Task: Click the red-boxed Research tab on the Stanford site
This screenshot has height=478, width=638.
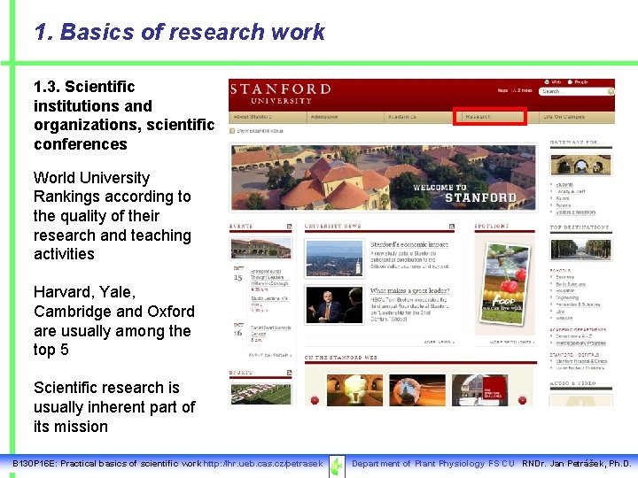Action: coord(489,116)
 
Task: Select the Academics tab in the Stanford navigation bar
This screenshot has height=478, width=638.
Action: coord(401,117)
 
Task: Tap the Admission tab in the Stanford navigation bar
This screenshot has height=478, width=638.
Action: coord(324,117)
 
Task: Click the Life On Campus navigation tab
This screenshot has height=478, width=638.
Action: coord(564,117)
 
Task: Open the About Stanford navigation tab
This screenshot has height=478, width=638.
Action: coord(253,117)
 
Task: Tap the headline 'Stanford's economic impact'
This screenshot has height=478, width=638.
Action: coord(408,244)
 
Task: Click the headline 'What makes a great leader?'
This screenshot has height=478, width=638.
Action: coord(408,290)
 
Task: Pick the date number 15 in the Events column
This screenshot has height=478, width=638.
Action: coord(237,277)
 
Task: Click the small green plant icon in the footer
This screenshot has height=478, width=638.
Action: coord(337,465)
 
